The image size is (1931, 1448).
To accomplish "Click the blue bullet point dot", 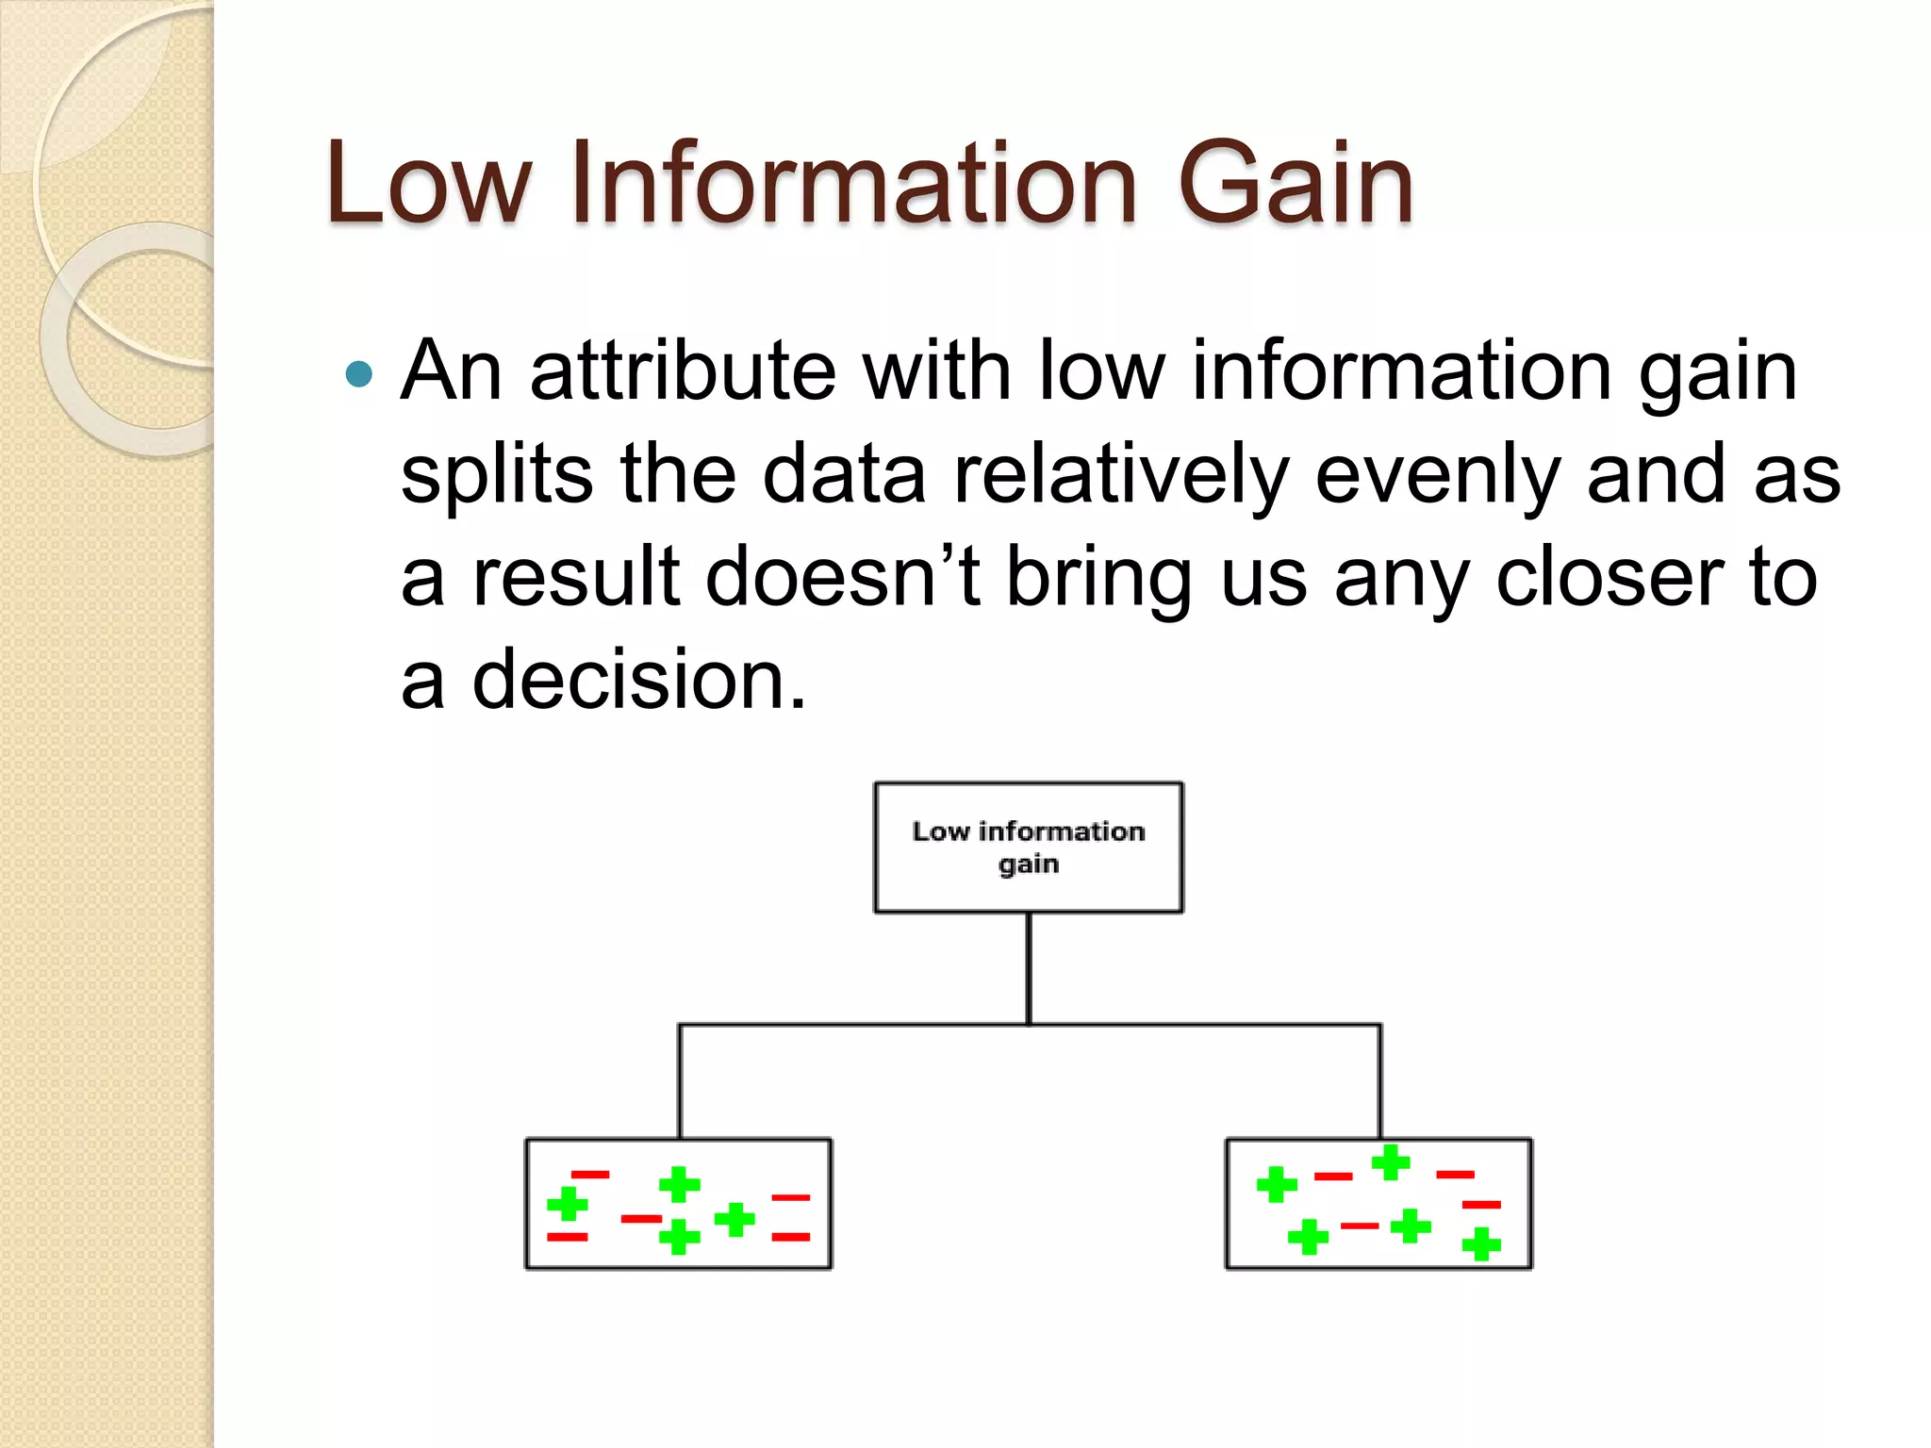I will tap(359, 375).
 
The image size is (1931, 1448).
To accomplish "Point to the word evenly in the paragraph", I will tap(1437, 474).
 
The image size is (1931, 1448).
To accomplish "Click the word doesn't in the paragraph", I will tap(842, 577).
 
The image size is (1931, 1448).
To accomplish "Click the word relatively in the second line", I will tap(1121, 474).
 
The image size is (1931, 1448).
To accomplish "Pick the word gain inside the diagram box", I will tap(1028, 864).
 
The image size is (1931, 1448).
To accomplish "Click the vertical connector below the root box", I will tap(1028, 968).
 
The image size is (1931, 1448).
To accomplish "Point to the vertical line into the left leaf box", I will tap(680, 1082).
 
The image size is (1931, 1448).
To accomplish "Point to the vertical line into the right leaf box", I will tap(1380, 1082).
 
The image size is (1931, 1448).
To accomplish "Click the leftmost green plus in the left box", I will tap(568, 1204).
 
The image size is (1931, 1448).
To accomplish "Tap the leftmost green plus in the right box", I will tap(1277, 1185).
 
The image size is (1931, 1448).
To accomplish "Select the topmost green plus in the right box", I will tap(1390, 1162).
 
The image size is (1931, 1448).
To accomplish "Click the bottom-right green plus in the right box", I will tap(1481, 1243).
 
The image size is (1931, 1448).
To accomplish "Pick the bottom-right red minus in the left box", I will tap(790, 1237).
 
